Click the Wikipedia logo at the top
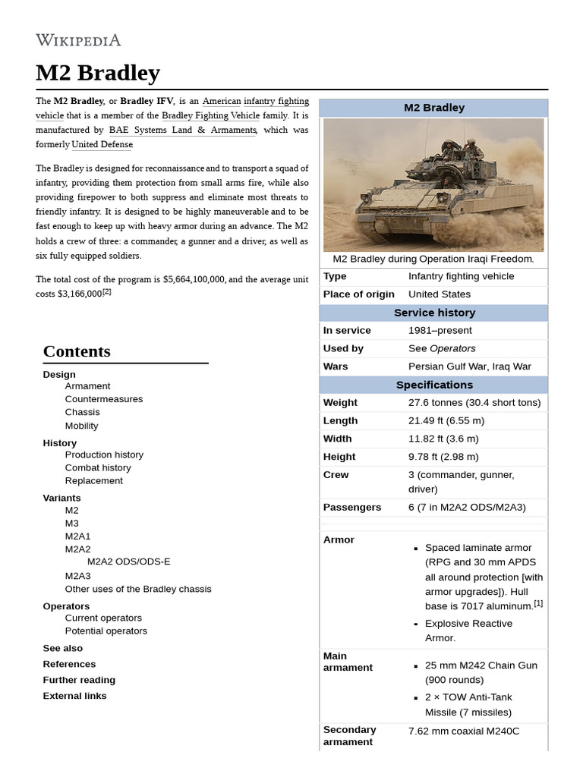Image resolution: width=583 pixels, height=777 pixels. point(78,40)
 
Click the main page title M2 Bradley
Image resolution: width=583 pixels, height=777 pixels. point(98,73)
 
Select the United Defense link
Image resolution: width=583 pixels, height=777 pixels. point(102,144)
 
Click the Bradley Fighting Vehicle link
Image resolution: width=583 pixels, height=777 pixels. point(210,115)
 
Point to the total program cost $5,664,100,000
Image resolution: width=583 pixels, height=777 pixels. point(194,279)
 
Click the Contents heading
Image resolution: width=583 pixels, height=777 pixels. point(77,351)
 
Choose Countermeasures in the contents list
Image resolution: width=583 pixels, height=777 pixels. point(103,399)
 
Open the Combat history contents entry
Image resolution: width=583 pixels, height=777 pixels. point(98,467)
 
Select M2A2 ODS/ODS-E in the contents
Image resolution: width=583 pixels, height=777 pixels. point(128,562)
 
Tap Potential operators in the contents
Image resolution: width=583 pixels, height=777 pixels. point(106,631)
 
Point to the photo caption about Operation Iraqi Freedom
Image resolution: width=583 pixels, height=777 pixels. point(433,259)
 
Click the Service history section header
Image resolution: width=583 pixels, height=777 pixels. point(434,313)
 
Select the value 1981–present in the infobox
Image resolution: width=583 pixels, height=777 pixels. point(440,330)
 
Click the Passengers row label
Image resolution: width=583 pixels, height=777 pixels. point(352,507)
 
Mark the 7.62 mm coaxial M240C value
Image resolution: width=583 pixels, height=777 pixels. point(464,731)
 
